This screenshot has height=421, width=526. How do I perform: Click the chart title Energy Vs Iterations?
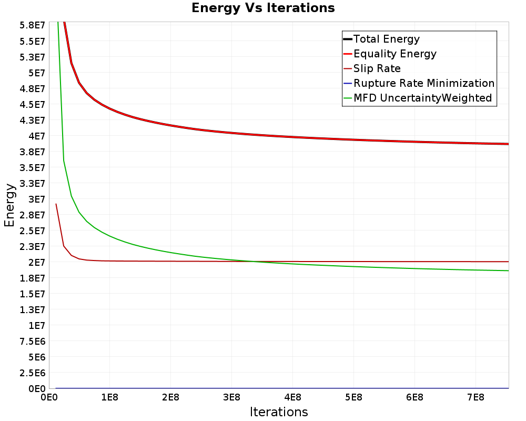click(x=263, y=8)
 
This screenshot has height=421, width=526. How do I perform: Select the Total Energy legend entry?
click(x=381, y=39)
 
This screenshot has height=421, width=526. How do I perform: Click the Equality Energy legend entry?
click(x=390, y=54)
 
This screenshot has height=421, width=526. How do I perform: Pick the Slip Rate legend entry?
click(x=372, y=68)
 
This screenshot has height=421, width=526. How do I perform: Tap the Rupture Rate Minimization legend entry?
click(x=419, y=83)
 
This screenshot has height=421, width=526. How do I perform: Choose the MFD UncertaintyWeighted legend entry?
click(x=418, y=98)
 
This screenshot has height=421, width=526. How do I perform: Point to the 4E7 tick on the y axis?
click(x=37, y=136)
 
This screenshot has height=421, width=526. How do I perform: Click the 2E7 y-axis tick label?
click(x=37, y=263)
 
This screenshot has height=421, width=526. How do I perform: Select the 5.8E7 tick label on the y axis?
click(x=32, y=25)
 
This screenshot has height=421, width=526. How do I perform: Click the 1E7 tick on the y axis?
click(x=37, y=326)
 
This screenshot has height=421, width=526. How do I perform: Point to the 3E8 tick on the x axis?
click(x=231, y=397)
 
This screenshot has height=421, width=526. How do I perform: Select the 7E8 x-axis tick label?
click(x=476, y=397)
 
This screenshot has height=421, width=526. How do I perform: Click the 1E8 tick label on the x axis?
click(x=110, y=397)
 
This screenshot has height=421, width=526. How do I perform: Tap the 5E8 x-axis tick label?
click(x=353, y=397)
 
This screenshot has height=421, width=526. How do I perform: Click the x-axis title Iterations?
click(x=279, y=412)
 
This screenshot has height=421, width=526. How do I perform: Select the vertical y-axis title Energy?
click(x=9, y=205)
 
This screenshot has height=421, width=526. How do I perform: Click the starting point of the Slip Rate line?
click(x=56, y=204)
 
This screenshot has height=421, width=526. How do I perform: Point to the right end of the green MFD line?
click(x=509, y=270)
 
